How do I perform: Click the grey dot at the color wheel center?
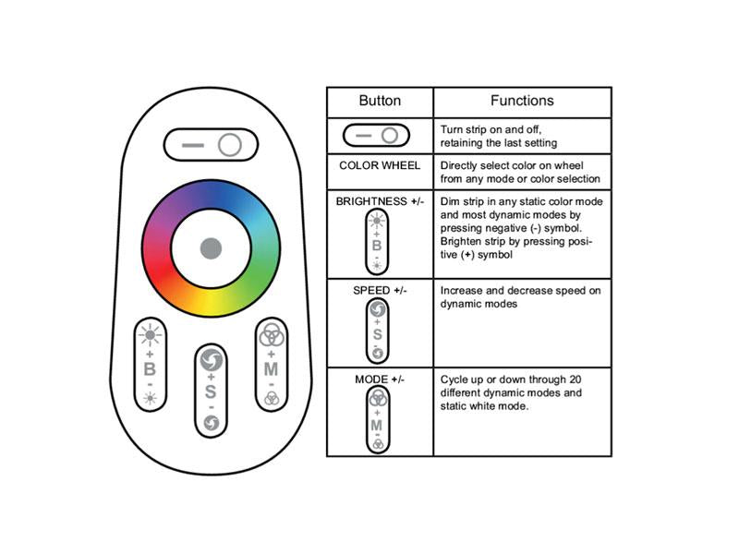(x=211, y=248)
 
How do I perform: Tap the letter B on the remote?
(x=150, y=369)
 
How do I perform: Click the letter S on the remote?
(x=211, y=391)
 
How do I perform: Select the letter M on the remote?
(x=271, y=368)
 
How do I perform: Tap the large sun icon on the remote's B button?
(x=150, y=335)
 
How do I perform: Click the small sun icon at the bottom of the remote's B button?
(x=150, y=399)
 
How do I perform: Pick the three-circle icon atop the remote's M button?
(x=271, y=334)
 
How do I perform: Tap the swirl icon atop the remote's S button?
(x=211, y=360)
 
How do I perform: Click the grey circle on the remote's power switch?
(x=230, y=145)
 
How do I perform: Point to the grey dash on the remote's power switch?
(x=193, y=145)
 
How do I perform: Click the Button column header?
(x=380, y=101)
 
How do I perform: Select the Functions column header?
(x=522, y=101)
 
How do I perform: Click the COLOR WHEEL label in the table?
(x=380, y=166)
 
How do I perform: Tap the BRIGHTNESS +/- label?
(x=380, y=201)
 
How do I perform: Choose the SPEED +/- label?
(x=380, y=291)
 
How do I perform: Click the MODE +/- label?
(x=380, y=379)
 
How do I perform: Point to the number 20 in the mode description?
(x=575, y=379)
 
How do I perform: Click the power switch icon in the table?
(x=376, y=136)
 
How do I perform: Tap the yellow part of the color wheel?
(x=211, y=304)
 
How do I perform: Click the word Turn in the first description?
(x=452, y=129)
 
